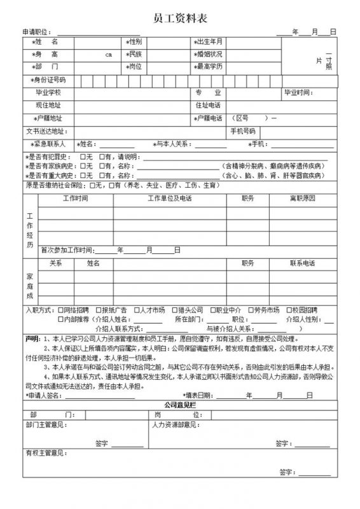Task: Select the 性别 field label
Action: pos(136,42)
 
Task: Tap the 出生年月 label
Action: pos(209,42)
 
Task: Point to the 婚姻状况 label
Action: pos(209,54)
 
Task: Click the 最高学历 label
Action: pos(209,66)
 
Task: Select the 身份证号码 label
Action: pos(47,80)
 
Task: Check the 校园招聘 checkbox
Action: pos(289,310)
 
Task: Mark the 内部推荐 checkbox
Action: pos(61,319)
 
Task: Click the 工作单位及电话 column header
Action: pos(169,199)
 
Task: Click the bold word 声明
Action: pos(32,338)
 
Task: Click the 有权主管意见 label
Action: pos(45,454)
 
